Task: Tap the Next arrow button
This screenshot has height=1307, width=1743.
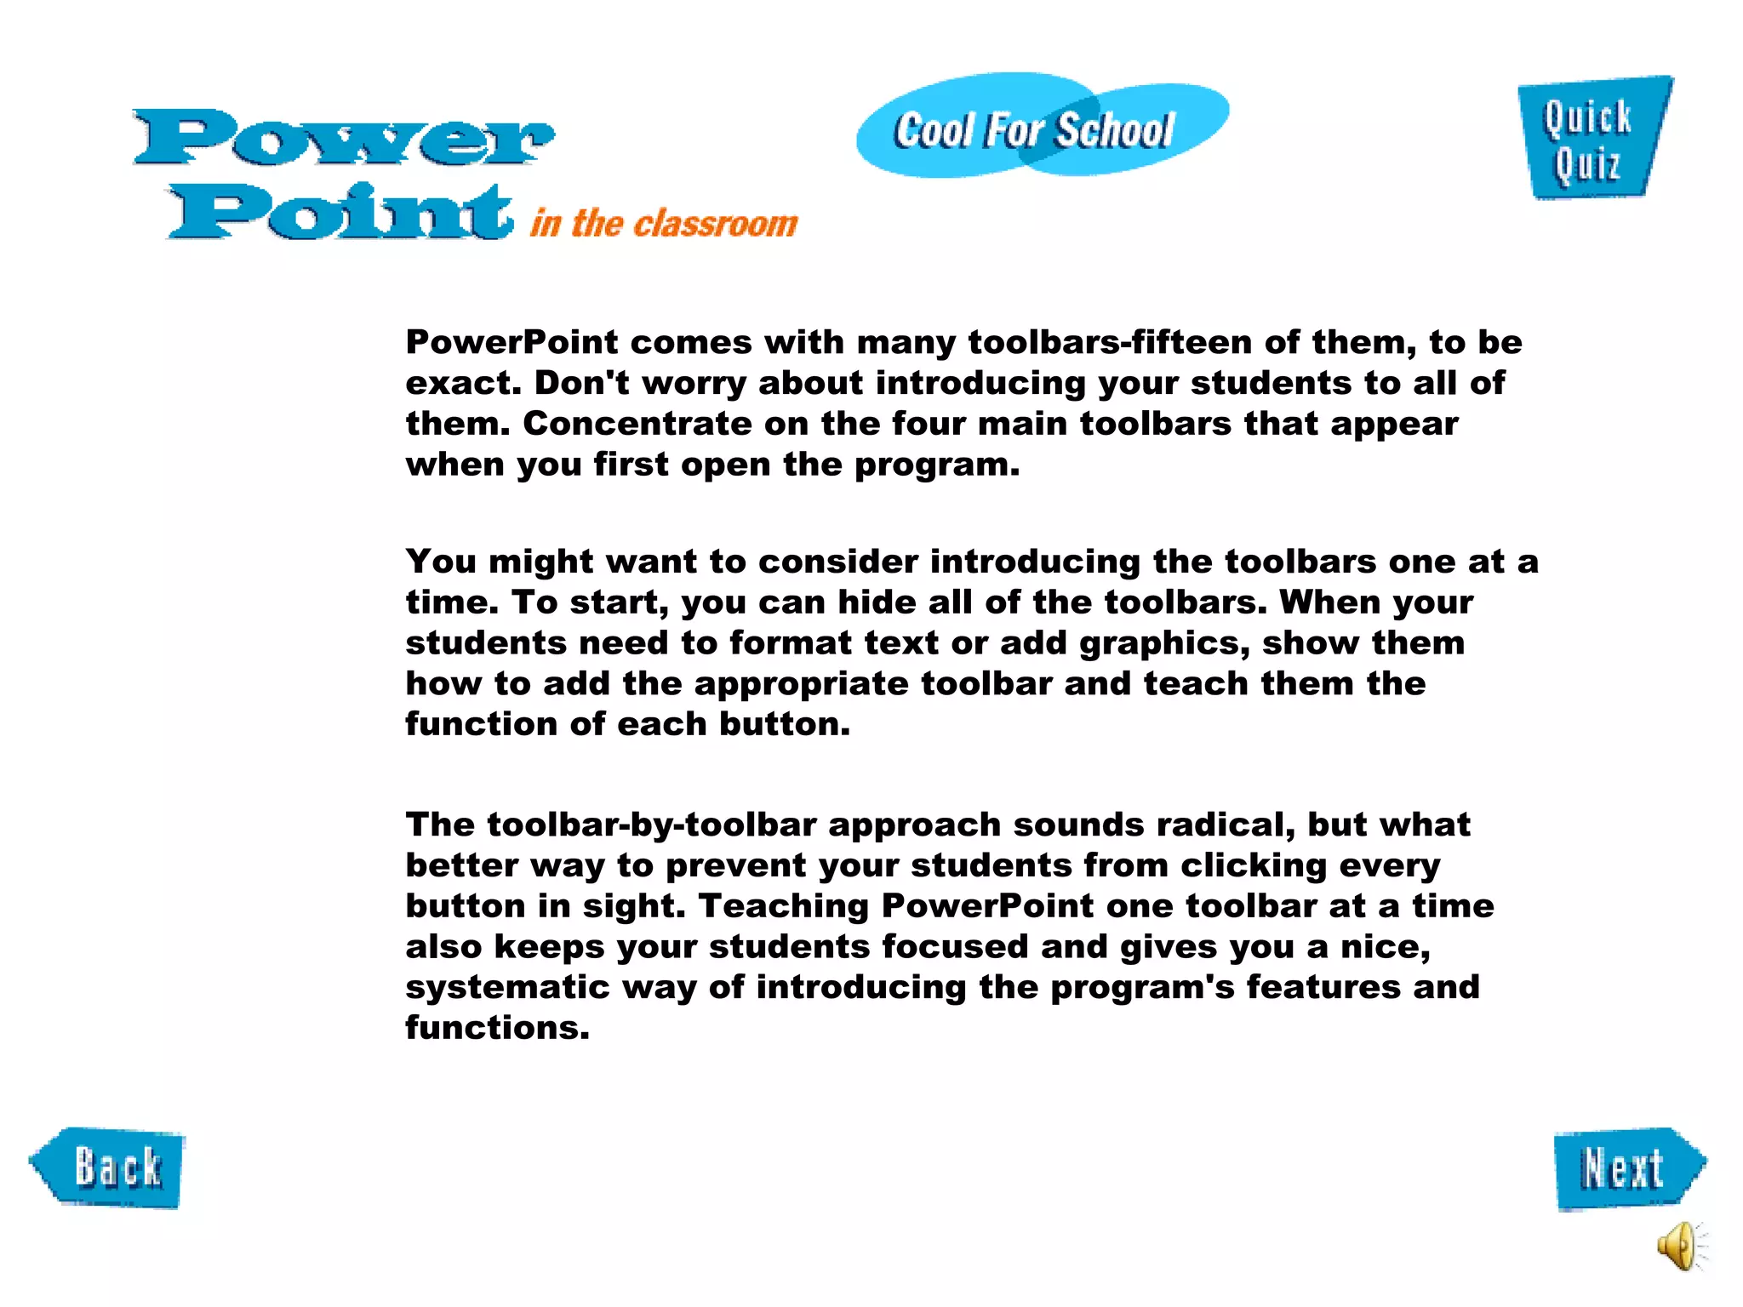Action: pos(1628,1168)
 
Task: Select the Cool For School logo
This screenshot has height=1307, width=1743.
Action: pos(1041,128)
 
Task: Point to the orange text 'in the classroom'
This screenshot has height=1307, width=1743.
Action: pos(664,224)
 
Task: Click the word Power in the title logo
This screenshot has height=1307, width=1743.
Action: pos(344,138)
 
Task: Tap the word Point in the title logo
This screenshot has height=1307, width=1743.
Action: pos(341,212)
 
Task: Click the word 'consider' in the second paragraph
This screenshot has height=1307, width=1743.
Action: pos(838,562)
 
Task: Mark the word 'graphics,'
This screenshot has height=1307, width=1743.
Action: pos(1164,643)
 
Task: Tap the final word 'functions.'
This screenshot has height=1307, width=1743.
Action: pos(497,1028)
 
